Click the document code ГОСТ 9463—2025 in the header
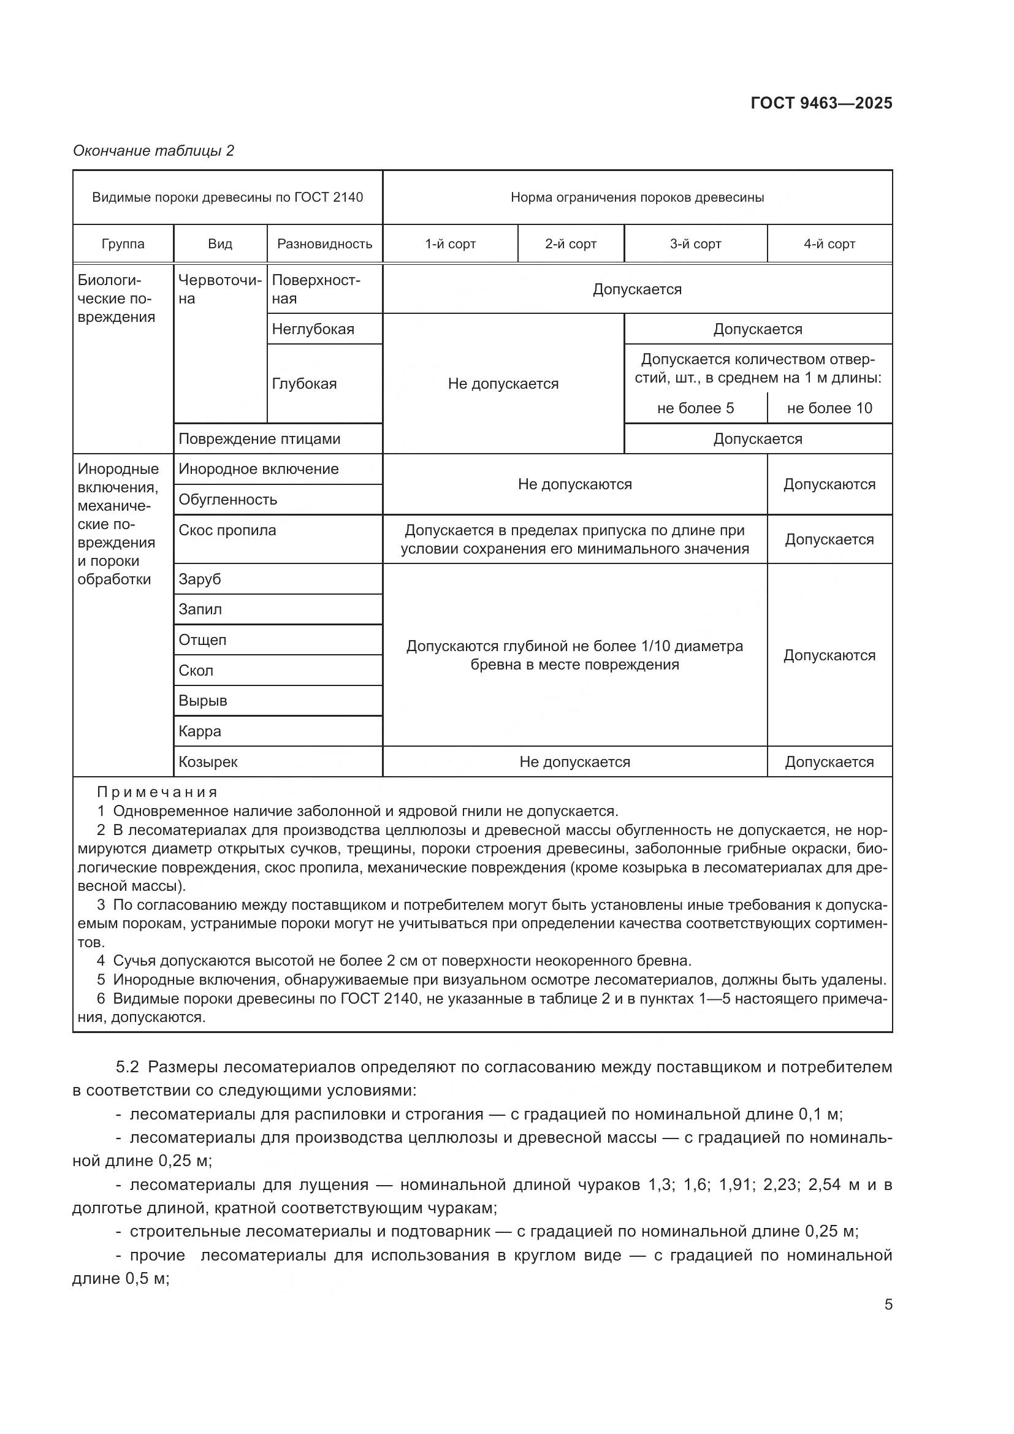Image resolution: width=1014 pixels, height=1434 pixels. click(821, 103)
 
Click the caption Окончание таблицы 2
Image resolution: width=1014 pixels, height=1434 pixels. click(154, 151)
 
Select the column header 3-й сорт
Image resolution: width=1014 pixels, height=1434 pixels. click(695, 243)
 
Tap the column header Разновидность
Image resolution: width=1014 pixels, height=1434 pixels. click(324, 243)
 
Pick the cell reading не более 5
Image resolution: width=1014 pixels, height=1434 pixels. click(695, 408)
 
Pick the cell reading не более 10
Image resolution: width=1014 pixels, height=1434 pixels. click(829, 408)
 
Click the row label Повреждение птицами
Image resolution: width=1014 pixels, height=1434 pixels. click(259, 439)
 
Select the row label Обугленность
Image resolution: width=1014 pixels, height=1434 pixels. click(227, 500)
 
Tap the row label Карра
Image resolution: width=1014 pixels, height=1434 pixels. click(200, 731)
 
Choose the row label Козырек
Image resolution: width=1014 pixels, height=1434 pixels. click(208, 762)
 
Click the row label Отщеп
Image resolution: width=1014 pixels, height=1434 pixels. click(202, 639)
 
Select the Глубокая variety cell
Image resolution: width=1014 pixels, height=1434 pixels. click(304, 383)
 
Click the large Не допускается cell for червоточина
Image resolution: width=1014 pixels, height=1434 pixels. click(503, 383)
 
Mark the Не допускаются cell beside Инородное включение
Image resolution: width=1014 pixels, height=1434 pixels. click(574, 484)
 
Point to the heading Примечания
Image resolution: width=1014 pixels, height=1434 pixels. click(158, 792)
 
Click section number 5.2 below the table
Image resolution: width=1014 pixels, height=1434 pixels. click(127, 1067)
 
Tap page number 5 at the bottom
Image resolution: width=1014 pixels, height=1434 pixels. click(888, 1304)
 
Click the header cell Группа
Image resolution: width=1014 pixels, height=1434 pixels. click(123, 243)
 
